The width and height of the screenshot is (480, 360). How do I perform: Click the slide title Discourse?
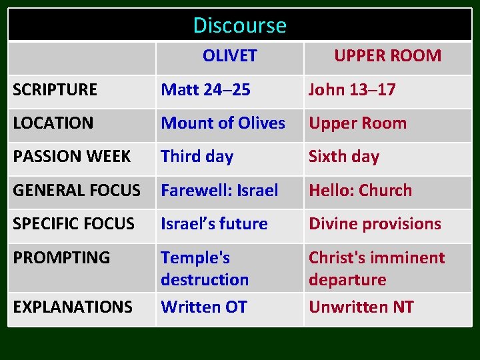tap(239, 25)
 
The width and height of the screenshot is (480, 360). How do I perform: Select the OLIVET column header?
tap(229, 56)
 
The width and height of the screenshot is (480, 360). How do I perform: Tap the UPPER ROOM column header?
tap(387, 56)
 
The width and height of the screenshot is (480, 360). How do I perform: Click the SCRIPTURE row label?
tap(55, 90)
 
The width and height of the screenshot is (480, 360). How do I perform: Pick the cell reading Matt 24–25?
tap(206, 90)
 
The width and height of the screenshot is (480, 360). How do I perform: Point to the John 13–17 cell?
tap(352, 90)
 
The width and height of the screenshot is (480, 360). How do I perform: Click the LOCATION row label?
tap(53, 123)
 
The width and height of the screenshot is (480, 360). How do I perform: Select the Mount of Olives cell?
tap(223, 123)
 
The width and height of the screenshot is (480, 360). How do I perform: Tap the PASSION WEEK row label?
tap(72, 157)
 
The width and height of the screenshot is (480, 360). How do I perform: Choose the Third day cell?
tap(197, 157)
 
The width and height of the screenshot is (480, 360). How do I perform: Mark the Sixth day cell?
tap(344, 157)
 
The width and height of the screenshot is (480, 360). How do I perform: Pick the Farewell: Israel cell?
tap(220, 191)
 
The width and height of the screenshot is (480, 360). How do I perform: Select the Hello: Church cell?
tap(360, 191)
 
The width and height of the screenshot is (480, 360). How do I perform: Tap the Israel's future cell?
tap(215, 224)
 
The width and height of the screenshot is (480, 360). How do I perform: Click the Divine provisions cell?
tap(375, 224)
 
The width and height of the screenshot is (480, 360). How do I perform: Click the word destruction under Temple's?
tap(205, 280)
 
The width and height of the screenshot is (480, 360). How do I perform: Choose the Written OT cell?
tap(204, 307)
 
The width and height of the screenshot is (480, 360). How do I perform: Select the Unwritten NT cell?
tap(361, 307)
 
